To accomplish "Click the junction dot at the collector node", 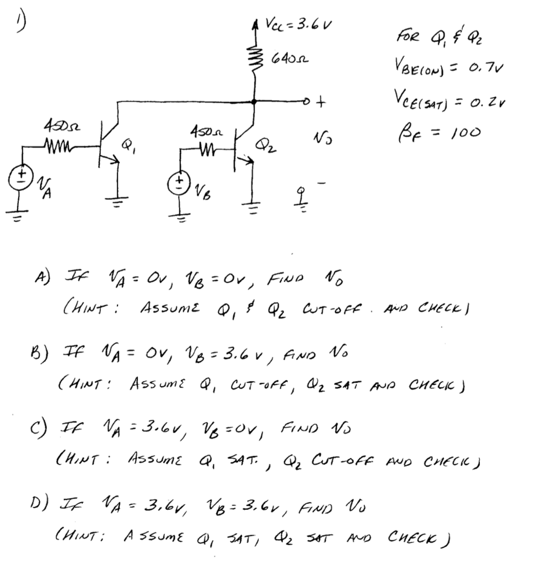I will tap(254, 102).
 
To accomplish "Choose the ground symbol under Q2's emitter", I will tap(254, 209).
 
